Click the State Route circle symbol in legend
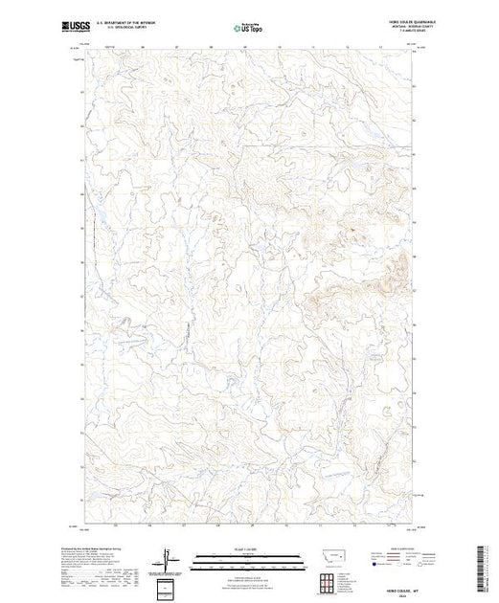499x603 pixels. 413,566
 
